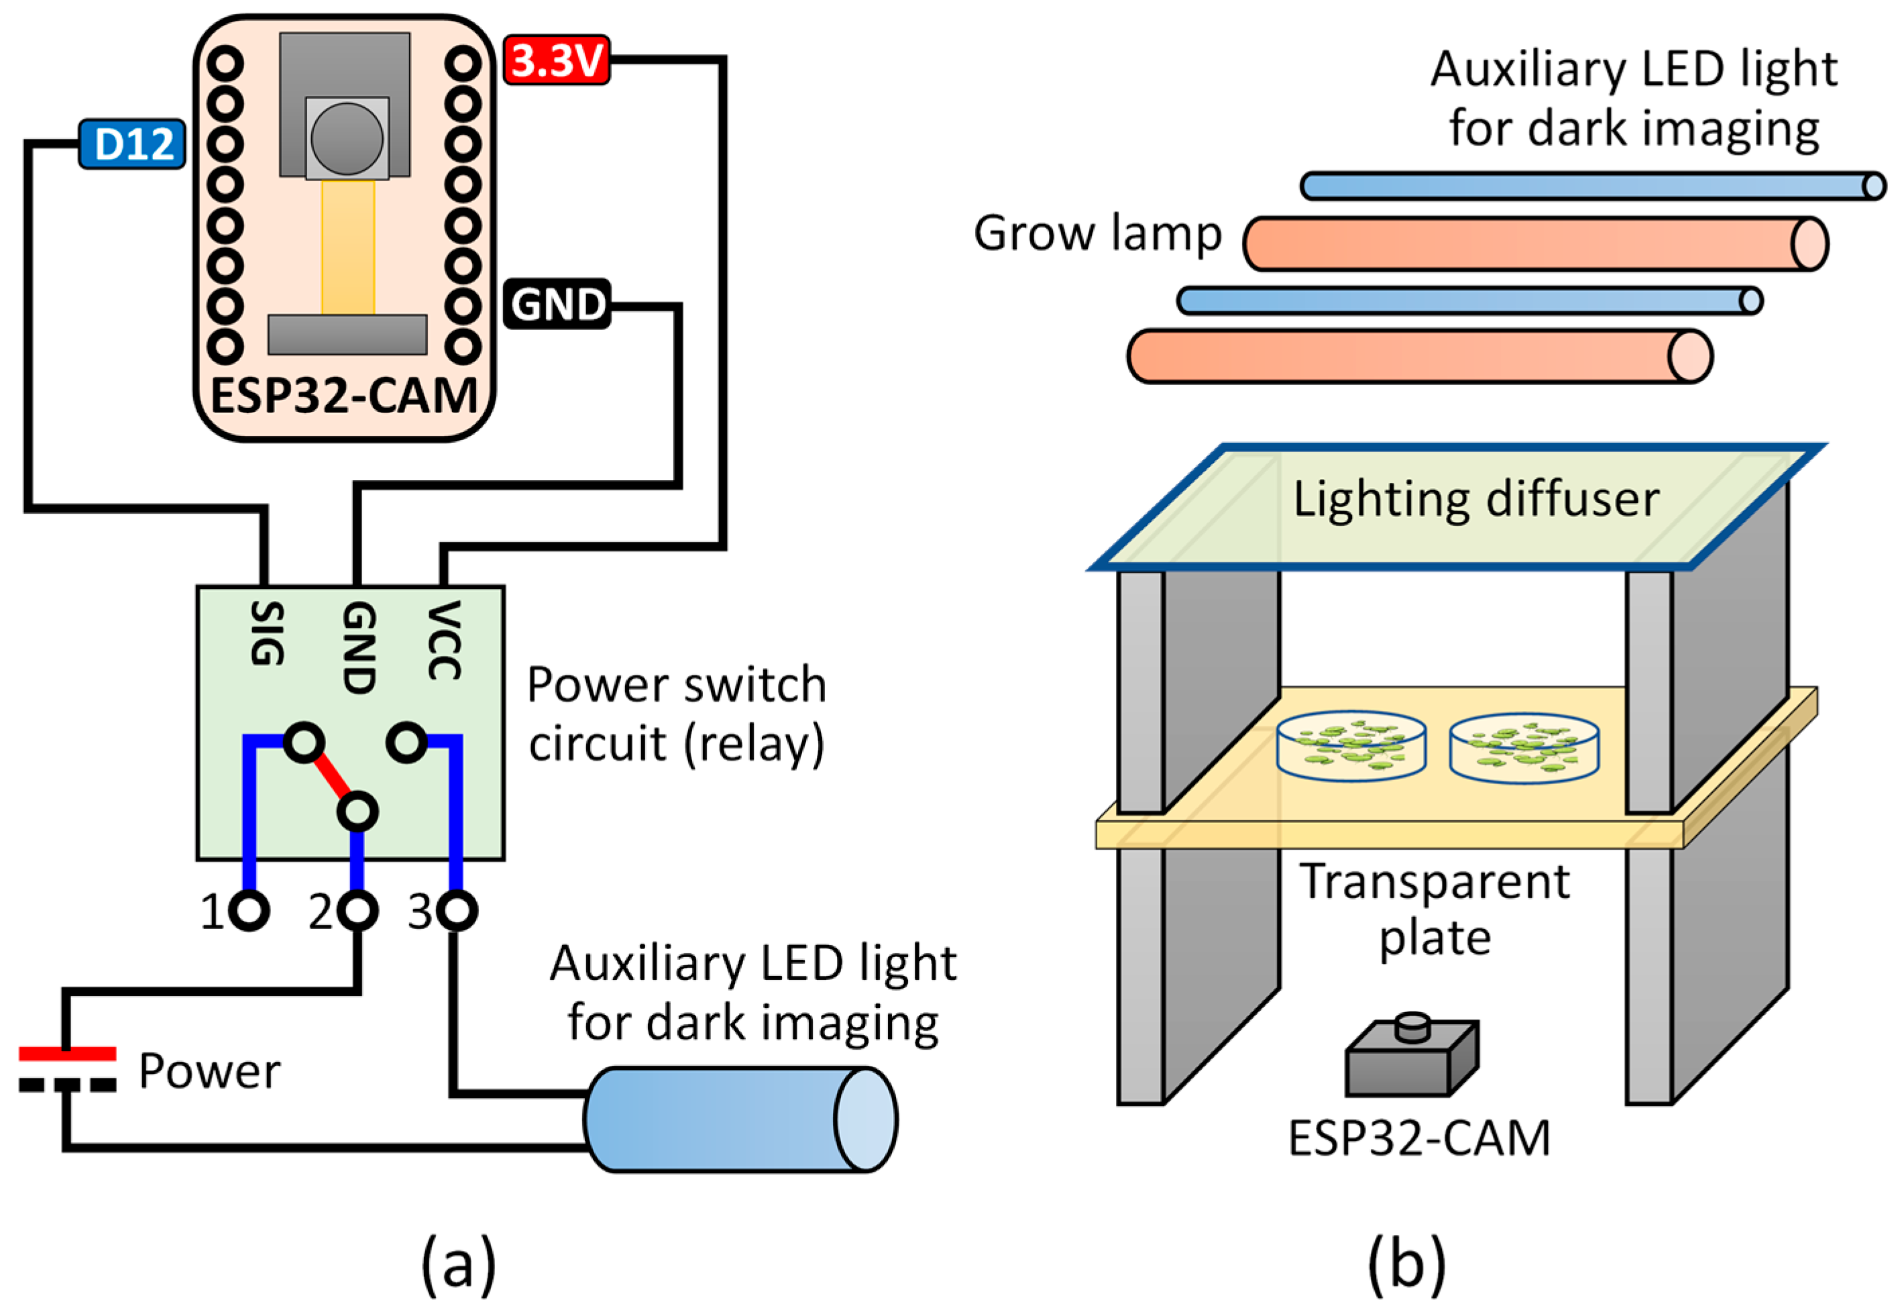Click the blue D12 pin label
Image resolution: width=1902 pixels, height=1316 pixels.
[x=132, y=144]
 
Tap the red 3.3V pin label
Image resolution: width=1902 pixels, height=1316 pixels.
[x=557, y=60]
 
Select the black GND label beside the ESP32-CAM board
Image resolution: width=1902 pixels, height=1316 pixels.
[x=557, y=305]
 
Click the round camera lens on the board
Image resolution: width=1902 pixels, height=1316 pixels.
[x=347, y=139]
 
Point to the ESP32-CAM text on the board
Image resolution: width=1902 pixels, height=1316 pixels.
[x=345, y=396]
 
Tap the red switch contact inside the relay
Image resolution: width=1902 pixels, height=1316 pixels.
[x=331, y=776]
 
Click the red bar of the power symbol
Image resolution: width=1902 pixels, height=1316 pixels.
[x=68, y=1054]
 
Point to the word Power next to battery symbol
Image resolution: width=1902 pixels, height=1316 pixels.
[x=209, y=1071]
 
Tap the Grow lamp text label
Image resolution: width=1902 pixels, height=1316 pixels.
[x=1097, y=234]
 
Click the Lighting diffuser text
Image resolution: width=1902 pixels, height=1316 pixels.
[x=1475, y=500]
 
